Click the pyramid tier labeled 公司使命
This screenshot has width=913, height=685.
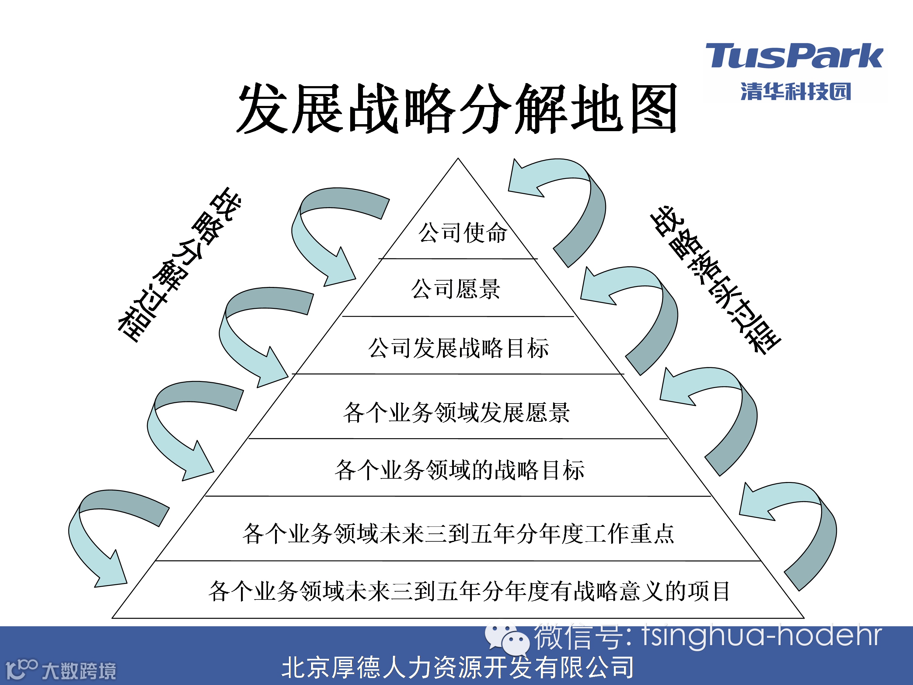tap(462, 233)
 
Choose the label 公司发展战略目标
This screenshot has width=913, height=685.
tap(458, 348)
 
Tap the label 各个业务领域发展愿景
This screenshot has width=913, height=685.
tap(456, 412)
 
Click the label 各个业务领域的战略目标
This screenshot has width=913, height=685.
tap(459, 470)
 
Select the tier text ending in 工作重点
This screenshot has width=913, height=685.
tap(458, 533)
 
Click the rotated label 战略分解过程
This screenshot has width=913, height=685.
tap(179, 264)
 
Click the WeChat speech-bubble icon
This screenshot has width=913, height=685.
tap(507, 640)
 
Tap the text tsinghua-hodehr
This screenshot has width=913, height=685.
tap(761, 636)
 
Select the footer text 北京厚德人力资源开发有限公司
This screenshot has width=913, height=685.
tap(457, 668)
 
